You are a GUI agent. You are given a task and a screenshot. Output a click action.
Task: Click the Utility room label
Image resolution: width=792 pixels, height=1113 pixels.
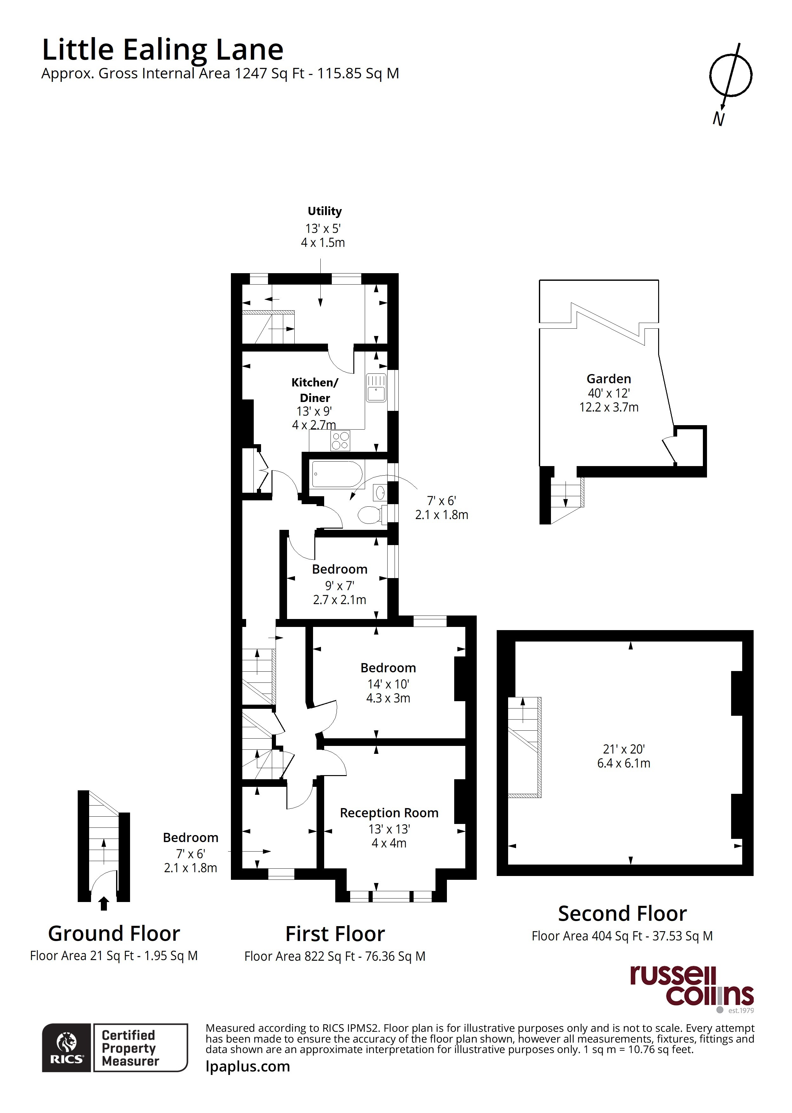coord(324,211)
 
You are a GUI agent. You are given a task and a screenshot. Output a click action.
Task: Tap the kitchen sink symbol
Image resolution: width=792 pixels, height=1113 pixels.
coord(376,387)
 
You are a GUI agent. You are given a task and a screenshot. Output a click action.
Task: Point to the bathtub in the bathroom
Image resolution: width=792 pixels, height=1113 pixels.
coord(337,474)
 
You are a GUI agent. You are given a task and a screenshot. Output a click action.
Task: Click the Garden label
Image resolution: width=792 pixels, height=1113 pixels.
coord(609,379)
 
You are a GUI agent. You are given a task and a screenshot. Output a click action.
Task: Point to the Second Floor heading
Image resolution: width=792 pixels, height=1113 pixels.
coord(622,913)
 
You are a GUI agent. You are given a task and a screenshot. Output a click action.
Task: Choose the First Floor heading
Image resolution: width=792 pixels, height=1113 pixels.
coord(335,934)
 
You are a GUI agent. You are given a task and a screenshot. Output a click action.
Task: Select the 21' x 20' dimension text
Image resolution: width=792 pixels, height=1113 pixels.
coord(624,749)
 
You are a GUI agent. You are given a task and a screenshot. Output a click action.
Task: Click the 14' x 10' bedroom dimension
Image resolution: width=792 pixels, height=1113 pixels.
coord(388,684)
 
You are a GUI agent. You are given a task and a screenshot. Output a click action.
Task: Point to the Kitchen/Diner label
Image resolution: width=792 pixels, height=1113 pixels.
coord(315,390)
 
